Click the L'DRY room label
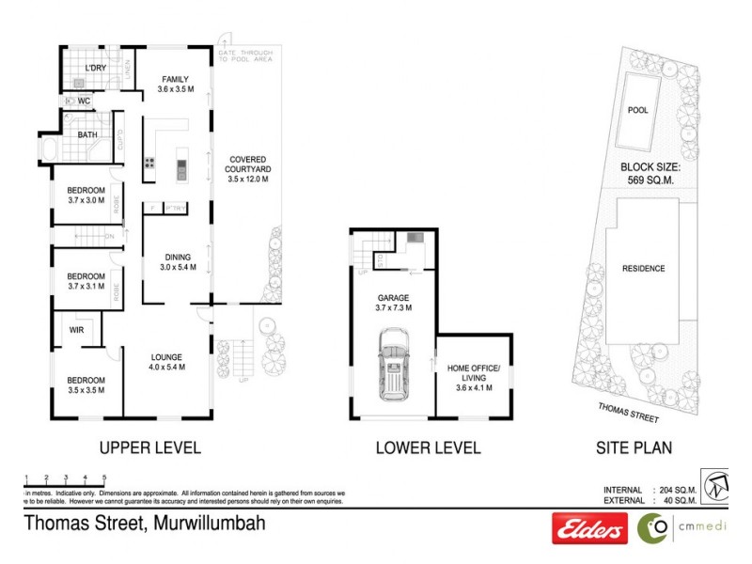[x=95, y=69]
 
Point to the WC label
[x=84, y=101]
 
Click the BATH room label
[x=87, y=134]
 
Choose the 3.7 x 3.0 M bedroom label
[x=86, y=196]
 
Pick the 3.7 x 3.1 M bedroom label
[x=86, y=281]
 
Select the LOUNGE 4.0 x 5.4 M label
[x=166, y=362]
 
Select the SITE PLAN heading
[x=636, y=448]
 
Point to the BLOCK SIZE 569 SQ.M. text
[x=643, y=176]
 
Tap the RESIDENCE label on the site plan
[x=643, y=269]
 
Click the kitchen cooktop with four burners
[x=149, y=169]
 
